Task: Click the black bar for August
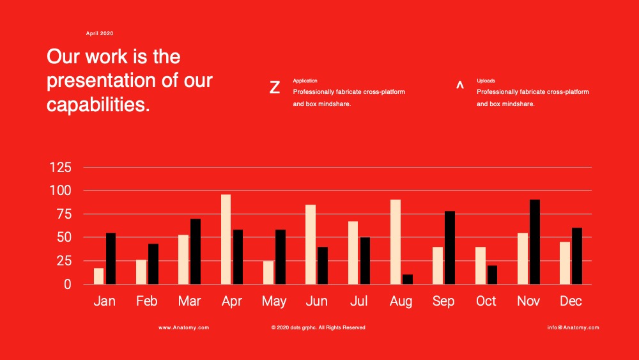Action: click(x=408, y=279)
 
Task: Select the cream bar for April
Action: click(x=226, y=239)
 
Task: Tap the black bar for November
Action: click(x=535, y=242)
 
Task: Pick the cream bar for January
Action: click(x=98, y=276)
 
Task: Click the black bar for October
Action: click(x=492, y=275)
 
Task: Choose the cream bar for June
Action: click(x=311, y=245)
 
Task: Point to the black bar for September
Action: click(x=450, y=247)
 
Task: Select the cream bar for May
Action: click(x=268, y=272)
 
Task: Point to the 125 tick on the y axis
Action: click(x=60, y=167)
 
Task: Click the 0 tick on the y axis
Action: click(x=67, y=284)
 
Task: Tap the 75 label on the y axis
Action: click(x=64, y=214)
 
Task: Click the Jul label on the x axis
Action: click(x=359, y=301)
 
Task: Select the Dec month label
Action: click(x=571, y=301)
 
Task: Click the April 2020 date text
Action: click(x=100, y=33)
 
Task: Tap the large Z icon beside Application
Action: click(x=275, y=87)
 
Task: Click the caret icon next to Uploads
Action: click(x=459, y=85)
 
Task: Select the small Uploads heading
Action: click(x=486, y=81)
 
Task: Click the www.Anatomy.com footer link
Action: click(x=184, y=327)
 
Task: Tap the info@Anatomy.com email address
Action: click(x=573, y=327)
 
